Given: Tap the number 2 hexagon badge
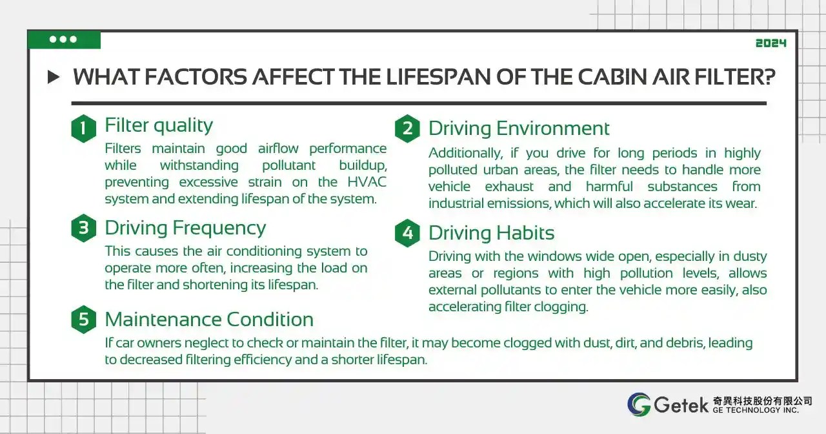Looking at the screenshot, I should [x=407, y=128].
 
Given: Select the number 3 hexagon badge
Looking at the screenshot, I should [x=83, y=229].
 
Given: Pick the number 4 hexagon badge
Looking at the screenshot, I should [x=407, y=232].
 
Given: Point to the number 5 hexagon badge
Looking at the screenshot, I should [x=83, y=320].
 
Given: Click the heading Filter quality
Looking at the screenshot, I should [x=159, y=125].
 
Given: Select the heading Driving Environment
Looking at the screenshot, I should [x=519, y=128].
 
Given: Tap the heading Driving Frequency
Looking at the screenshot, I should [x=185, y=228].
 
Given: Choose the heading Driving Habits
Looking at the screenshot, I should [x=491, y=232].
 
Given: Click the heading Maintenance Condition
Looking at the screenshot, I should [x=209, y=320].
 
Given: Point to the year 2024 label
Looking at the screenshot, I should [x=771, y=43].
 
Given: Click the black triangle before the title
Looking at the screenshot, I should [x=54, y=77].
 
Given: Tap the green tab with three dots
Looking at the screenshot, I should [x=64, y=39].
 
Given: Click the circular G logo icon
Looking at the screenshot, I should [x=639, y=404].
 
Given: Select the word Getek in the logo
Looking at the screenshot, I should [x=680, y=404].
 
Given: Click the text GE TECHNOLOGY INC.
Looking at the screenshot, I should [x=756, y=411].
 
